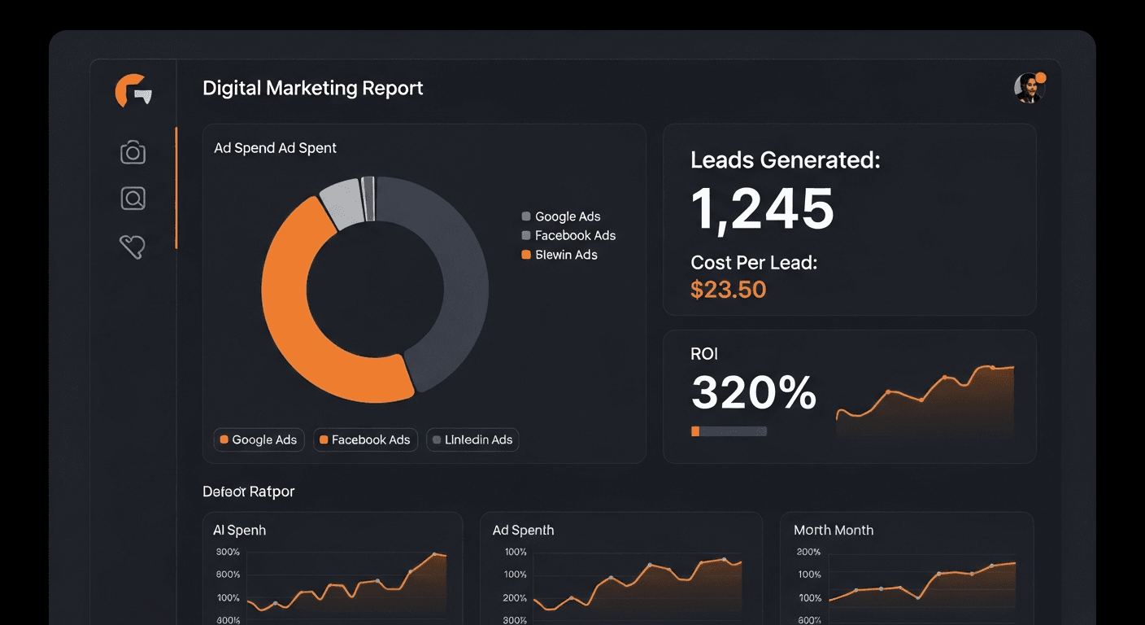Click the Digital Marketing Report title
pyautogui.click(x=312, y=88)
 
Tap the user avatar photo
pyautogui.click(x=1028, y=88)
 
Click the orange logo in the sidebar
pyautogui.click(x=133, y=90)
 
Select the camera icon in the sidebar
pyautogui.click(x=133, y=152)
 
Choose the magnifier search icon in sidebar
pyautogui.click(x=133, y=198)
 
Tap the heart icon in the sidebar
pyautogui.click(x=132, y=246)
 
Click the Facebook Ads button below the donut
pyautogui.click(x=365, y=439)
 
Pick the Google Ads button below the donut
pyautogui.click(x=259, y=439)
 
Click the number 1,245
pyautogui.click(x=762, y=208)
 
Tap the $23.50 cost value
pyautogui.click(x=728, y=289)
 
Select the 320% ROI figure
pyautogui.click(x=753, y=393)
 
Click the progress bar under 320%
pyautogui.click(x=729, y=431)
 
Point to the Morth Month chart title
pyautogui.click(x=833, y=530)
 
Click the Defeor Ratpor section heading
pyautogui.click(x=248, y=492)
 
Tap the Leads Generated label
pyautogui.click(x=785, y=160)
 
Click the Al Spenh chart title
pyautogui.click(x=239, y=530)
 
